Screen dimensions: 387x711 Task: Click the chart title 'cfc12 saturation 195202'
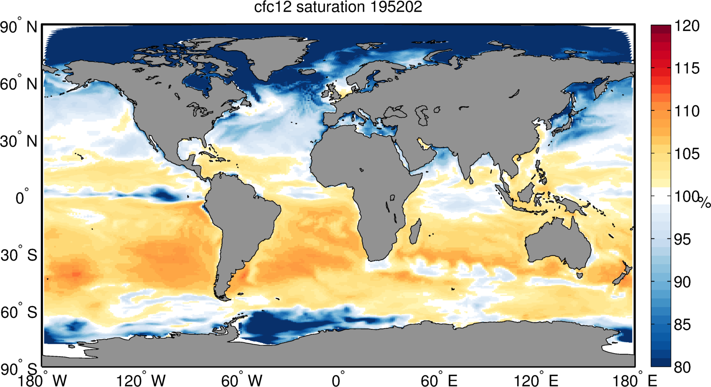338,7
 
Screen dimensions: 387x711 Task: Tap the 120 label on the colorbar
687,26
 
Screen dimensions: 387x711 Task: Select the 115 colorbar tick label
687,68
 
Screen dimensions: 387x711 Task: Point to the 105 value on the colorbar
687,154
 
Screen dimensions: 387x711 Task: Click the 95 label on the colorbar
682,239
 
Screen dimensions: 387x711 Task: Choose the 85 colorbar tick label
682,325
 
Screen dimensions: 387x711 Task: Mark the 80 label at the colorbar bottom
682,367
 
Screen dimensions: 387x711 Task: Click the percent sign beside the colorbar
705,203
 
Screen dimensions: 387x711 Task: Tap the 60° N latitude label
18,84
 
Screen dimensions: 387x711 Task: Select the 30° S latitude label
19,255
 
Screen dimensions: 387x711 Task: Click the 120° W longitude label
141,380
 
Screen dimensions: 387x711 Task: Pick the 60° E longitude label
439,380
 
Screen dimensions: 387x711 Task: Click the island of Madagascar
415,232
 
